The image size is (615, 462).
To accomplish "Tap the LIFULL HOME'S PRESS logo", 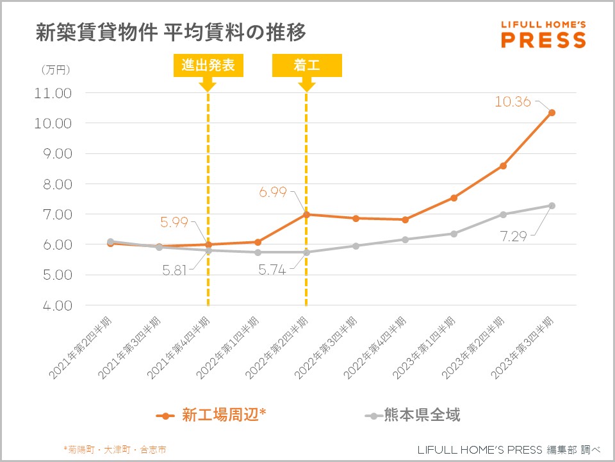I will tap(543, 35).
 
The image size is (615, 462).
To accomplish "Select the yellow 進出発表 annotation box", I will tap(208, 65).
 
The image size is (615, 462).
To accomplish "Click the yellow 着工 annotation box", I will tap(307, 65).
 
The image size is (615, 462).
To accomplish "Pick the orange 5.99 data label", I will tap(174, 223).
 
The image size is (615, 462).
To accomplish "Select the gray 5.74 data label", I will tap(272, 271).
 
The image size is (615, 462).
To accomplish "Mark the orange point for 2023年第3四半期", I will tap(552, 113).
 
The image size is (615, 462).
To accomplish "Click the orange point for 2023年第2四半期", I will tap(503, 166).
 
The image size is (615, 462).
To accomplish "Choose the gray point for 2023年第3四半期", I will tap(552, 206).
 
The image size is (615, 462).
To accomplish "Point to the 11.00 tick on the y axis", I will tap(54, 93).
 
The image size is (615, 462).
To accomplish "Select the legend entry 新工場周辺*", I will tap(211, 415).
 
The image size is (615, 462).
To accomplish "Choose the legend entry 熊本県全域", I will tap(413, 415).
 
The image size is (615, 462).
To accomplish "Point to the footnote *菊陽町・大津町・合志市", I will tap(115, 450).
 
